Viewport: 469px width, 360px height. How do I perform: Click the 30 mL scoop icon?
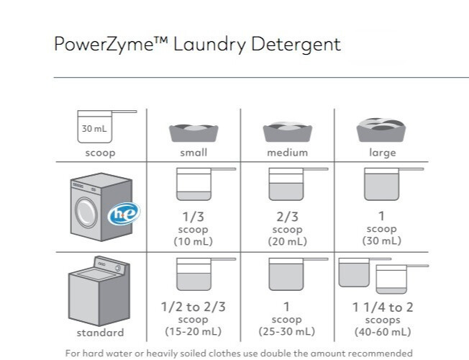click(x=101, y=127)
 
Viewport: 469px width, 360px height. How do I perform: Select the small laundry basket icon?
click(x=193, y=132)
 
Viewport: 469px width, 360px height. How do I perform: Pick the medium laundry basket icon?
click(x=287, y=132)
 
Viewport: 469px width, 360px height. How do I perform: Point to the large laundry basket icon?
click(x=381, y=130)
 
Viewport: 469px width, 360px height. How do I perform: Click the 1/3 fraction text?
click(x=193, y=216)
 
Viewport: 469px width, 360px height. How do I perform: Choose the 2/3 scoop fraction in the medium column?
click(x=287, y=216)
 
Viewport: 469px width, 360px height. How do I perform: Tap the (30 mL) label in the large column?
click(x=381, y=240)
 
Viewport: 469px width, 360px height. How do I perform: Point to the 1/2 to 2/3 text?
click(x=193, y=307)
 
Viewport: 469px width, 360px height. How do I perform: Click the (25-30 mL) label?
click(x=287, y=331)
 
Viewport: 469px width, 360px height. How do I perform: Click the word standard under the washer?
click(x=100, y=333)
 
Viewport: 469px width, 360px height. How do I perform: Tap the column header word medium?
click(x=287, y=153)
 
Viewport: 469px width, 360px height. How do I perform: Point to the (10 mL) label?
click(x=193, y=240)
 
